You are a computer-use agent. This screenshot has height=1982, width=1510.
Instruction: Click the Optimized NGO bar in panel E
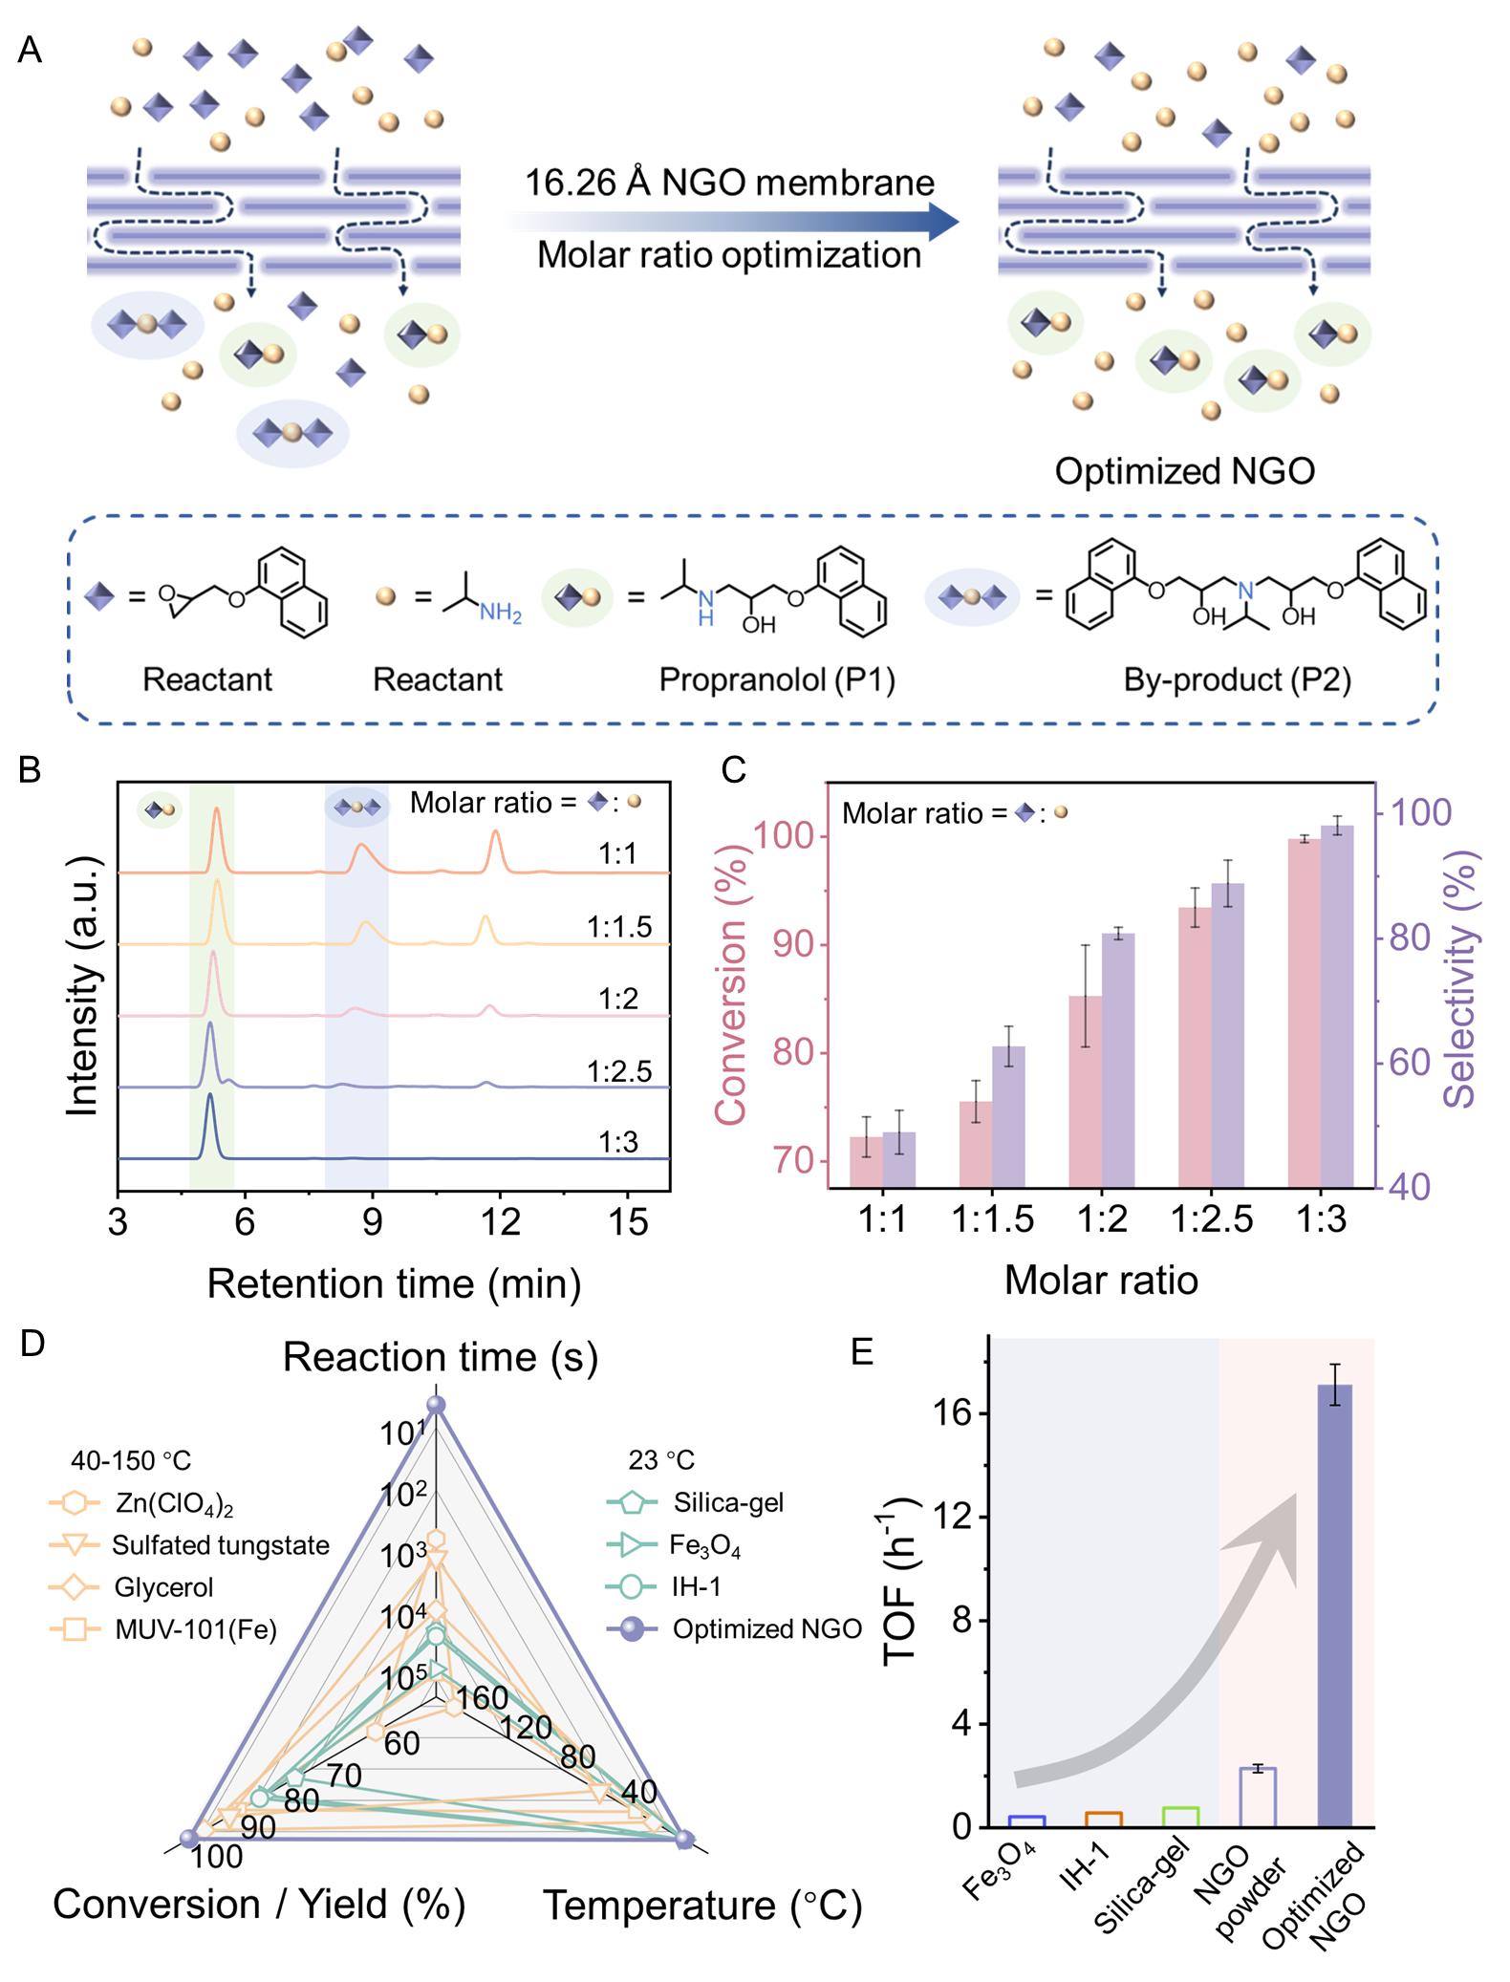[1334, 1605]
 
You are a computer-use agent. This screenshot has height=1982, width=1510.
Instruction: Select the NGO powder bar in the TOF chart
[1258, 1798]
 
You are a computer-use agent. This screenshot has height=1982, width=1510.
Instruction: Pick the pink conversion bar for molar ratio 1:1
[866, 1161]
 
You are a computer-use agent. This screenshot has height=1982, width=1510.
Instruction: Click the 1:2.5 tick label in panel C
[1211, 1219]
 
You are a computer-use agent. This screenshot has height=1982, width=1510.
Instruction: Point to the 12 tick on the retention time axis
[500, 1222]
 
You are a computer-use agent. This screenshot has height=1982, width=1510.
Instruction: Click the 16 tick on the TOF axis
[952, 1412]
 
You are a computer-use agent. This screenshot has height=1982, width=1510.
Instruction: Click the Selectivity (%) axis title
[1460, 979]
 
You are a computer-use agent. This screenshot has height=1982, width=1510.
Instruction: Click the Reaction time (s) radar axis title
[440, 1358]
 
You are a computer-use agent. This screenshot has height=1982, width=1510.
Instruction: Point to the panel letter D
[32, 1344]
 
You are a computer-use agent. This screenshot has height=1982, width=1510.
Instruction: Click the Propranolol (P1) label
[777, 679]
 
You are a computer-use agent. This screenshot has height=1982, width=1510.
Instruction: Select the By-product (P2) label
[1237, 679]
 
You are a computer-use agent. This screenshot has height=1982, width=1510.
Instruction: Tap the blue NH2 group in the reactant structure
[500, 613]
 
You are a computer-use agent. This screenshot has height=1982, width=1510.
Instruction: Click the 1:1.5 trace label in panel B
[618, 927]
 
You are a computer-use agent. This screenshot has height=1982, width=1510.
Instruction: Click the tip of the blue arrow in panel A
[956, 222]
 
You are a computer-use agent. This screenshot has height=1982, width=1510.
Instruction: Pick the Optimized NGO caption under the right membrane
[1184, 471]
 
